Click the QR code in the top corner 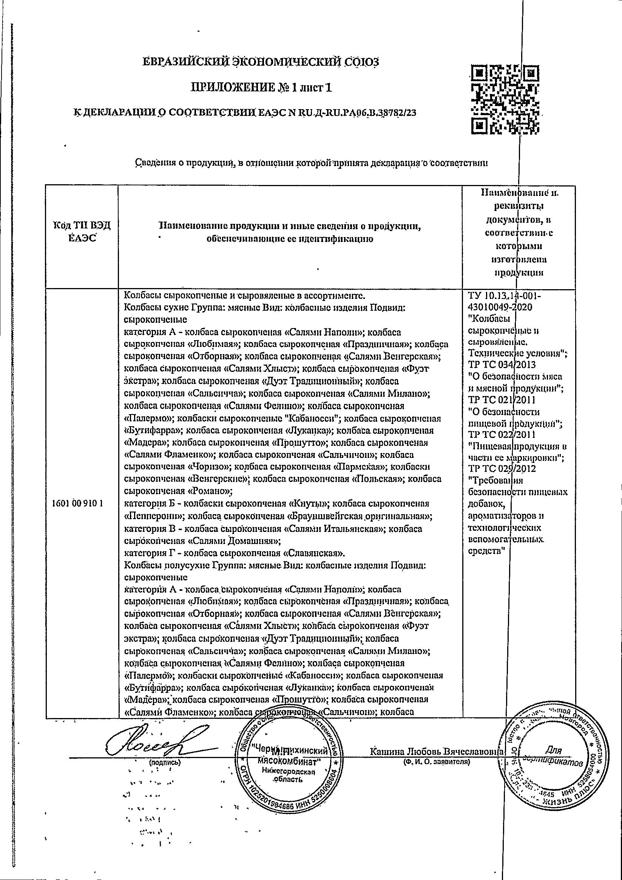[x=504, y=101]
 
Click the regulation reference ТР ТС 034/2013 [x=502, y=364]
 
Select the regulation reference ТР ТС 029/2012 [x=502, y=469]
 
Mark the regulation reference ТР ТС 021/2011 [x=502, y=400]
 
